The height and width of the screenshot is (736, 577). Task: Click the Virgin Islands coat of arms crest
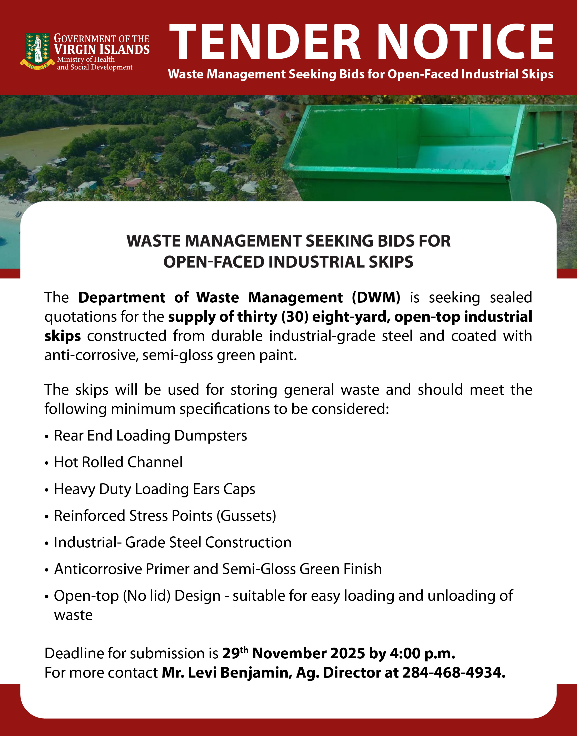click(37, 50)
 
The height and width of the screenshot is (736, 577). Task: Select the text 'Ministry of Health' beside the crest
click(86, 59)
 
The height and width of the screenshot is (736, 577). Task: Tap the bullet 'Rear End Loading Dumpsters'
click(150, 435)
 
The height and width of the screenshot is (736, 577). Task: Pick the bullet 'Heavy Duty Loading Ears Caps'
click(154, 489)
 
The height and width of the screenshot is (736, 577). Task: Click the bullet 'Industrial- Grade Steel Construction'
click(173, 543)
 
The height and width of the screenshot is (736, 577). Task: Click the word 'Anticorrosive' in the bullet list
click(98, 569)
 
